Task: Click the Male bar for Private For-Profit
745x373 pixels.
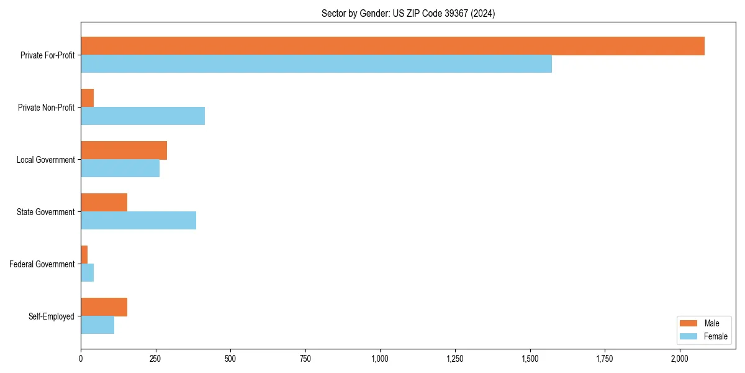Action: [x=392, y=46]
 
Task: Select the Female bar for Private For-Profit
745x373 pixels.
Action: [x=316, y=64]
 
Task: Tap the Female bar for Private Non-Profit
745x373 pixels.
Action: [x=143, y=116]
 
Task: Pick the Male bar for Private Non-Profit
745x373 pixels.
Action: [x=88, y=98]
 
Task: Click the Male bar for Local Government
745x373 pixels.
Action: [x=124, y=150]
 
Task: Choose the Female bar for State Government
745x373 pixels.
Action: [x=138, y=221]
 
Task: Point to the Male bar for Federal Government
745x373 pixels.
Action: [x=84, y=255]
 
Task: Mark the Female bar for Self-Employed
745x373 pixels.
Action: [x=97, y=325]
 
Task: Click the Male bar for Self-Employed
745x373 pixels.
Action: [x=104, y=307]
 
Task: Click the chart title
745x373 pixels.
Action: [x=408, y=13]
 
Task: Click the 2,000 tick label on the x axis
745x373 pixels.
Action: [x=680, y=359]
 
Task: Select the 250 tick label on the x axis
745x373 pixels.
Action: [x=155, y=359]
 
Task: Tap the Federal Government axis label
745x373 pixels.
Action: [x=42, y=264]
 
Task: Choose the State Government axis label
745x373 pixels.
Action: [x=45, y=212]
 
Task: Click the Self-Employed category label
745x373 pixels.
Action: [x=52, y=316]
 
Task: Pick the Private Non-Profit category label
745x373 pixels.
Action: [x=46, y=108]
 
